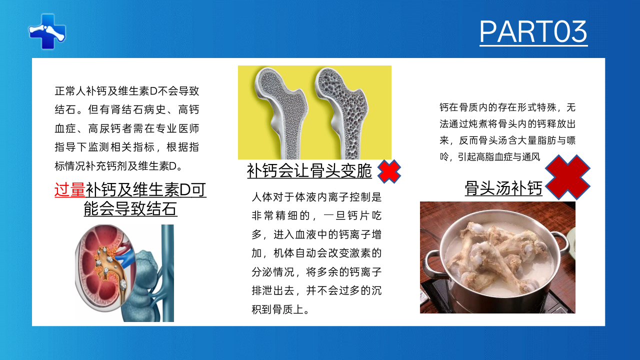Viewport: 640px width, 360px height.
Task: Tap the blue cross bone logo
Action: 47,31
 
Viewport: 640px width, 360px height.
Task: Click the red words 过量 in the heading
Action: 70,189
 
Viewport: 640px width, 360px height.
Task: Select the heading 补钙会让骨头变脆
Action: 309,171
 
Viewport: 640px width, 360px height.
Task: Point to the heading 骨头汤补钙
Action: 503,188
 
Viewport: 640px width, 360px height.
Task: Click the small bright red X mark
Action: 389,171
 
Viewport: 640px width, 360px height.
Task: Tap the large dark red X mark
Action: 567,177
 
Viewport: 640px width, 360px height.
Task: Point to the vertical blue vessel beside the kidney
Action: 167,273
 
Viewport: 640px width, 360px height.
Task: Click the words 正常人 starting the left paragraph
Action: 70,91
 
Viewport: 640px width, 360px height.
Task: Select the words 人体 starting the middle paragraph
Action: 262,197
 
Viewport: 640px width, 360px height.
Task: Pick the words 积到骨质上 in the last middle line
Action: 277,309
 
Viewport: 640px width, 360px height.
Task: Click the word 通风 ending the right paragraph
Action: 531,157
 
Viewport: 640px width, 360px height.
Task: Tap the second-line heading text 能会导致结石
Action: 130,208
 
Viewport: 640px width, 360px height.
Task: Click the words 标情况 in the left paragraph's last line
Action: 70,166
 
